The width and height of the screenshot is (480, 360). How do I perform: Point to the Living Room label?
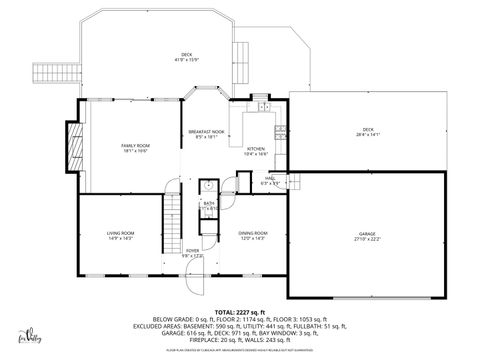pyautogui.click(x=121, y=235)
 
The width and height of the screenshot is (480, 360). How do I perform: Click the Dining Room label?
pyautogui.click(x=252, y=235)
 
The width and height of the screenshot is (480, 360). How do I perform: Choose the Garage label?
pyautogui.click(x=369, y=237)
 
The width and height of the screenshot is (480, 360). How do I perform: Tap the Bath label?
pyautogui.click(x=209, y=205)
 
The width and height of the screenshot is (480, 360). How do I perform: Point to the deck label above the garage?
pyautogui.click(x=368, y=130)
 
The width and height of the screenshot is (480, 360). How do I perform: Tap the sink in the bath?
pyautogui.click(x=209, y=186)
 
